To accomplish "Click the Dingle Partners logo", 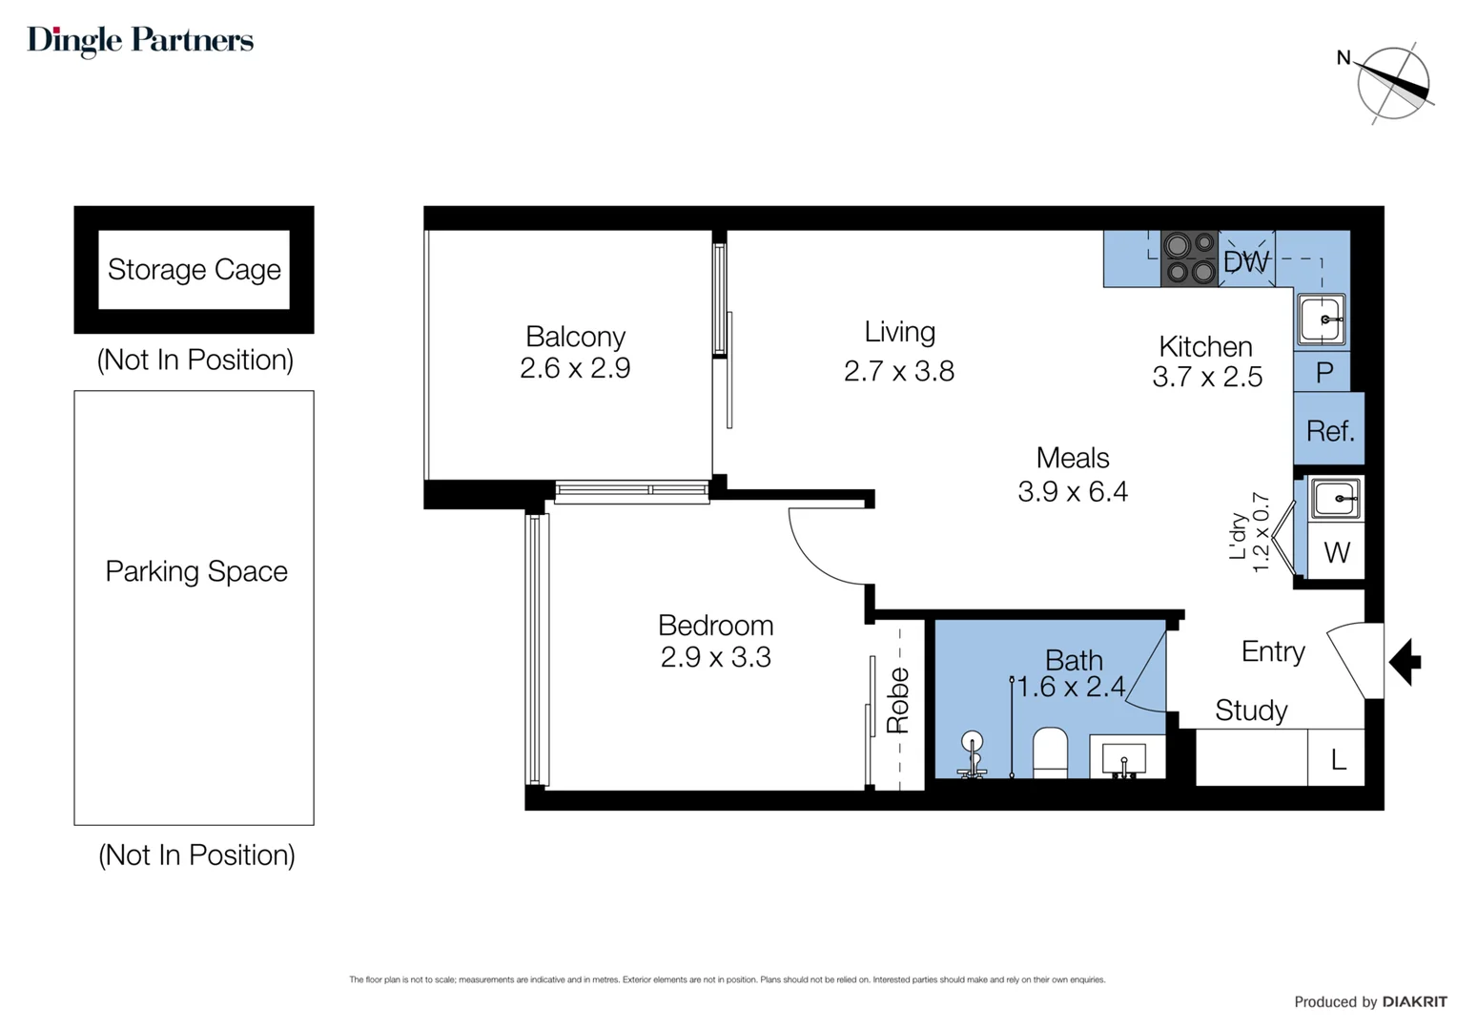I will click(x=140, y=40).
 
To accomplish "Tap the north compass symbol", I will click(x=1392, y=84).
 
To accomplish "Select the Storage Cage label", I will click(x=194, y=270).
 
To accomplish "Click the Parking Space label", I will click(x=195, y=571).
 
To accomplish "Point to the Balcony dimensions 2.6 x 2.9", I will click(x=574, y=368).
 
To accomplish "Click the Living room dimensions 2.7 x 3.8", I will click(x=898, y=371).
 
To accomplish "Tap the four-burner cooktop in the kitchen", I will click(x=1189, y=258).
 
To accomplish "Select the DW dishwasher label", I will click(x=1246, y=260).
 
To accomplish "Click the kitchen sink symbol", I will click(x=1322, y=319).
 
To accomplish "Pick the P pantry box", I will click(x=1324, y=373).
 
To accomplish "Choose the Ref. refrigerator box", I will click(x=1329, y=431).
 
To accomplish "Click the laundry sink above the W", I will click(x=1335, y=498).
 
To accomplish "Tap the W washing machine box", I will click(x=1336, y=552).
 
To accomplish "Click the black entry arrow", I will click(x=1405, y=662).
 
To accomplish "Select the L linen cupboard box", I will click(x=1337, y=759).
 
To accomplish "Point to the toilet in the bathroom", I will click(x=1050, y=753).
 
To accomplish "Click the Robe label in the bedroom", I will click(x=897, y=701).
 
